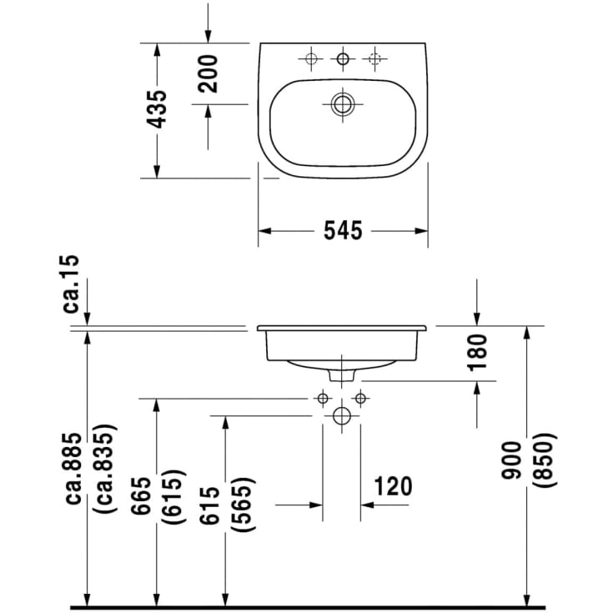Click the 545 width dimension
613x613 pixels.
(343, 231)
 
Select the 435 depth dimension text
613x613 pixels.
(157, 108)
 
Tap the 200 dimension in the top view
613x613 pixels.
(208, 73)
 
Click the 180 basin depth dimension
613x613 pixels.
(476, 353)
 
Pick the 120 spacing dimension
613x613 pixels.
(392, 486)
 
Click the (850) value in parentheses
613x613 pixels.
(542, 460)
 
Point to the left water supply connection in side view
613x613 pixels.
(323, 399)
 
